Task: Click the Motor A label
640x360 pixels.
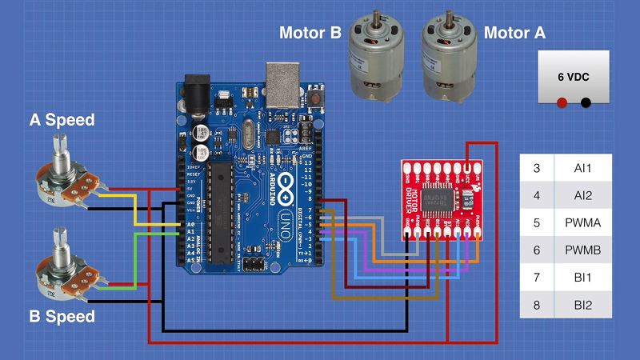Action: pos(521,33)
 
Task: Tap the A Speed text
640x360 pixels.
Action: pos(62,121)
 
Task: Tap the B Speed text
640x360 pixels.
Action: pos(62,316)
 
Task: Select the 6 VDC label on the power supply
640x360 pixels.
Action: pos(574,78)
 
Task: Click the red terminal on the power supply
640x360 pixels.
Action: pos(562,102)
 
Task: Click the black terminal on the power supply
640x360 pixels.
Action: pos(586,102)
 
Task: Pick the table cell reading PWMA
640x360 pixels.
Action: pos(582,223)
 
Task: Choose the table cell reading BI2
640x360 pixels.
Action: pos(582,305)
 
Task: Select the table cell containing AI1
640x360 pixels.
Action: pos(582,168)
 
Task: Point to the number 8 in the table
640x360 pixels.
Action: pos(537,305)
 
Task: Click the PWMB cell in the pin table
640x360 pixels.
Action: pos(582,250)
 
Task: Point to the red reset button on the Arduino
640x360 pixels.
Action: pos(318,100)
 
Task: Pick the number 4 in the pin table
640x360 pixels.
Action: pos(537,196)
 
